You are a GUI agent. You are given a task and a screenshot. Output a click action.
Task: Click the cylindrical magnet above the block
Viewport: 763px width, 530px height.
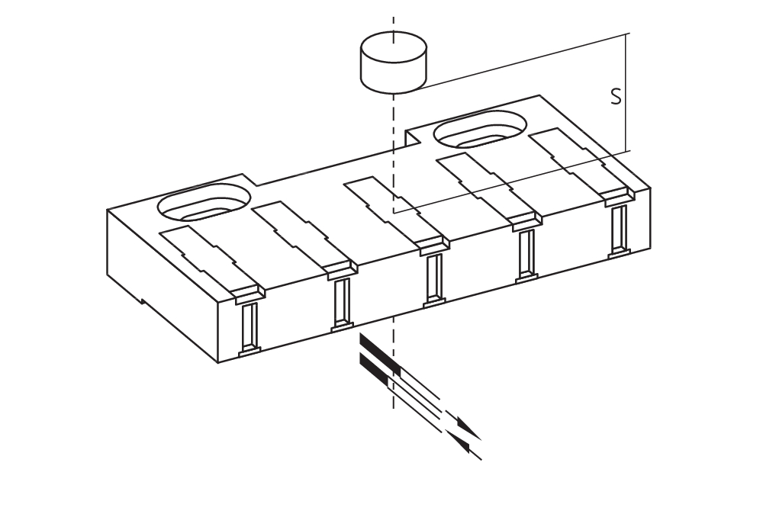tap(394, 62)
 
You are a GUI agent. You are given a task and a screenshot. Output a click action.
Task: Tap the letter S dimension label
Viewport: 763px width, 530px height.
tap(616, 96)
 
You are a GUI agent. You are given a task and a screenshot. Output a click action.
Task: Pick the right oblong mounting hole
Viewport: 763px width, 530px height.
tap(480, 129)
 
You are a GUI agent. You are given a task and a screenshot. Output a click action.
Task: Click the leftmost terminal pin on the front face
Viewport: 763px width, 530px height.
tap(250, 328)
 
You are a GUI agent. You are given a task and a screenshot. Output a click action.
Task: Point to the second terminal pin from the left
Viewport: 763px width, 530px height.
tap(343, 304)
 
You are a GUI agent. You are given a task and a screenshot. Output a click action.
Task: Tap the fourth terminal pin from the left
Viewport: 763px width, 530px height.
tap(526, 255)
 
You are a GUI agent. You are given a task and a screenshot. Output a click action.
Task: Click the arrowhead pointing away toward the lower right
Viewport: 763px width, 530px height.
tap(468, 429)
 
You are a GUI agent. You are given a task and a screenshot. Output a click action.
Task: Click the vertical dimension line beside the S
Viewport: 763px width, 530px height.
tap(626, 92)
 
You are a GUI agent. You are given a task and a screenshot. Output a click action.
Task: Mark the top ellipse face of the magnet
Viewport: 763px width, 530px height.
tap(394, 47)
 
